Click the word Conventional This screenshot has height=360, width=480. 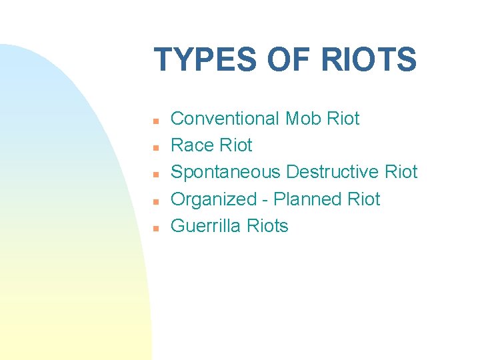(x=225, y=119)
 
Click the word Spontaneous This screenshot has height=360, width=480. (x=226, y=172)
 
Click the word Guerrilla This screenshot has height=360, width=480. (x=206, y=226)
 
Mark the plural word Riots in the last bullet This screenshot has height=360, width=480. (x=267, y=226)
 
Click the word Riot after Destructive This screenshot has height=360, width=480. (x=401, y=172)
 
